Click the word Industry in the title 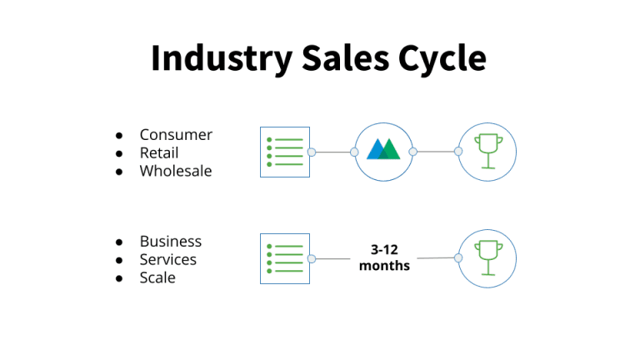[222, 59]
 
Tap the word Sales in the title [346, 58]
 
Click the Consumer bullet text [176, 135]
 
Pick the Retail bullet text [159, 153]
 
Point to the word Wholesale [176, 171]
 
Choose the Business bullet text [171, 241]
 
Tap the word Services [168, 260]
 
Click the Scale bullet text [157, 277]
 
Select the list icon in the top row [285, 152]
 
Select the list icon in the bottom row [285, 259]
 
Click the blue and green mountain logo [383, 149]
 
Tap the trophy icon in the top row [488, 151]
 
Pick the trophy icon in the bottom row [488, 257]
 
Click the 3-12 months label [384, 257]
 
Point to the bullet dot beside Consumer [119, 135]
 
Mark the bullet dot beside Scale [119, 278]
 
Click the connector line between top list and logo [333, 152]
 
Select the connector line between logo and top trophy [436, 152]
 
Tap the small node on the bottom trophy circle [458, 258]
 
